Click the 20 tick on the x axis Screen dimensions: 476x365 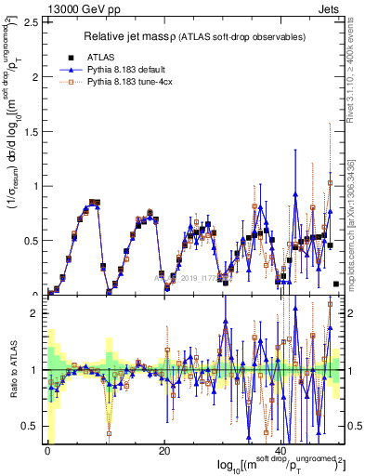coord(164,451)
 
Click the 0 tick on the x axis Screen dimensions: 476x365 coord(46,451)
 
